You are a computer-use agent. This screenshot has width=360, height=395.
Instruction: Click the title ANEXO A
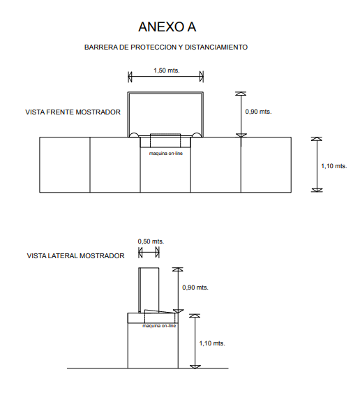point(167,27)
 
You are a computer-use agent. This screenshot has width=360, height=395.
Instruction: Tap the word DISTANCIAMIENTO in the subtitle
point(216,47)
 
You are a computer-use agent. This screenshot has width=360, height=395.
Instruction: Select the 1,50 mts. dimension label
point(167,70)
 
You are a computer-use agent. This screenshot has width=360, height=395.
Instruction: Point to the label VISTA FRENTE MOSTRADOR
point(73,112)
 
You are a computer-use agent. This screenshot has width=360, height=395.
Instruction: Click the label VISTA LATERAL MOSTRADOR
point(75,256)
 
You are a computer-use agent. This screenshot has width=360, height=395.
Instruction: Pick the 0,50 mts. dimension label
point(151,241)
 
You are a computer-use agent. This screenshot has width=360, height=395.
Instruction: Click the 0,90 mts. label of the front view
point(258,112)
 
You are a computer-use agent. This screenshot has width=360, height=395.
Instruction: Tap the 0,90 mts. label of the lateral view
point(195,288)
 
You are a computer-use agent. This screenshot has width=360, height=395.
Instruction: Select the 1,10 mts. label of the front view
point(333,166)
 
